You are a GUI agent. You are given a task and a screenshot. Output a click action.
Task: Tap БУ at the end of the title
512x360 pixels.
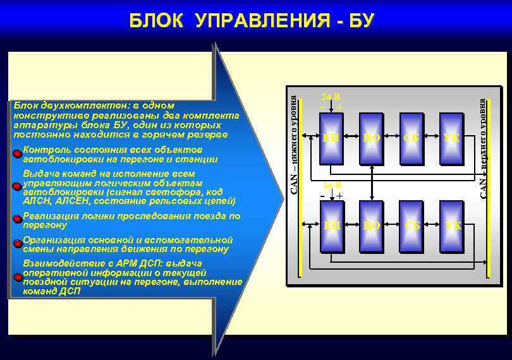(x=361, y=21)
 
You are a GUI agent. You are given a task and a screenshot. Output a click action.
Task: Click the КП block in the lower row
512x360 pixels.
(x=330, y=224)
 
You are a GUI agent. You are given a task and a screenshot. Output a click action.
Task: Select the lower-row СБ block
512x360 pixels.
(x=411, y=224)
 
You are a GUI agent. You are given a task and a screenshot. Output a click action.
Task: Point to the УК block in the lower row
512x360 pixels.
(x=451, y=224)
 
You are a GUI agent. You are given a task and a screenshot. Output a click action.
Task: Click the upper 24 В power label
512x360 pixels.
(x=331, y=97)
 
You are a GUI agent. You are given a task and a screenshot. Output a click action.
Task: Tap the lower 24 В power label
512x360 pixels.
(x=331, y=186)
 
